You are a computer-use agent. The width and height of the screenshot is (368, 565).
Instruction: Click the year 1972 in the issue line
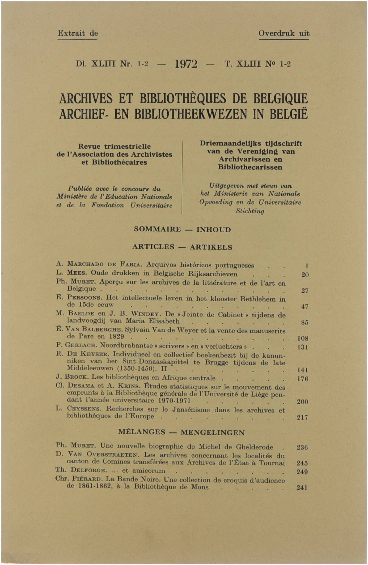(x=186, y=64)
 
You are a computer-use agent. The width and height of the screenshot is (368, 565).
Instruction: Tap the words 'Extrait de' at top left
(x=78, y=33)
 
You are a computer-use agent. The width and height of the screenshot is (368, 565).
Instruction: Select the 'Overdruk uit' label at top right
(x=284, y=33)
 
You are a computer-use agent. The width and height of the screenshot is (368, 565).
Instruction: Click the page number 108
(x=302, y=339)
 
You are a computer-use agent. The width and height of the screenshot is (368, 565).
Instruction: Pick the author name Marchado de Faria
(x=105, y=264)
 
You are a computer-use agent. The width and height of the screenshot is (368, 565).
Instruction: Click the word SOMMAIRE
(x=157, y=229)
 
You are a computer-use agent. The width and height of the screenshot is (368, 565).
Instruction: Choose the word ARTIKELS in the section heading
(x=211, y=247)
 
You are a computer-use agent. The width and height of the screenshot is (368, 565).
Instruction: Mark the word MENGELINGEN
(x=213, y=433)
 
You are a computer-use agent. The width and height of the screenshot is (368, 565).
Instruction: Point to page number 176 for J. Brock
(x=302, y=379)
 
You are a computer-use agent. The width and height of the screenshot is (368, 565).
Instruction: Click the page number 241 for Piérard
(x=302, y=488)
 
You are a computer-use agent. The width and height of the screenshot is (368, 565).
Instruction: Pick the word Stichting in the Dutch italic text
(x=250, y=211)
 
